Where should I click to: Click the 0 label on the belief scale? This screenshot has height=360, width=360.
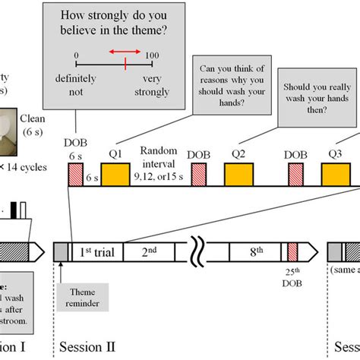coord(76,55)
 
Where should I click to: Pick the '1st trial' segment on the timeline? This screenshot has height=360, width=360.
coord(96,251)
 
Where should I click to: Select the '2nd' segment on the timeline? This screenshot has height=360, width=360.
coord(148,251)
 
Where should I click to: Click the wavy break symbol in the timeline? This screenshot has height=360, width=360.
coord(198,251)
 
